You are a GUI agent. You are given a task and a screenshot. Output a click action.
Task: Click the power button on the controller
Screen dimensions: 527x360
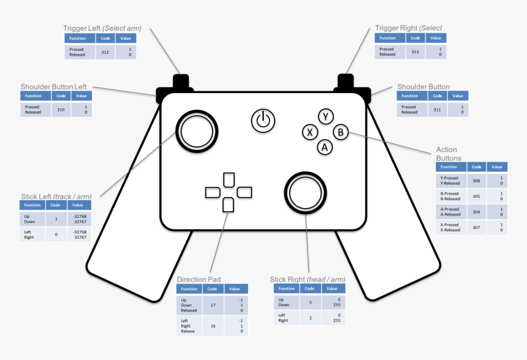tap(263, 121)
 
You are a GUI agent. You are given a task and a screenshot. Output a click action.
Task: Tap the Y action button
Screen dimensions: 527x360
tap(325, 116)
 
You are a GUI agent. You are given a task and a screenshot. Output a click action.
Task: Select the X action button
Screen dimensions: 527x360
tap(310, 132)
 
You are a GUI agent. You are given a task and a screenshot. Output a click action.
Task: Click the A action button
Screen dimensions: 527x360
tap(325, 147)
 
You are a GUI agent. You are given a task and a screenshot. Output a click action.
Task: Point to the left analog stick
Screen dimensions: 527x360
tap(197, 131)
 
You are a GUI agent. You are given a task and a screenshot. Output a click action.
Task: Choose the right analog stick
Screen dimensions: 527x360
tap(306, 193)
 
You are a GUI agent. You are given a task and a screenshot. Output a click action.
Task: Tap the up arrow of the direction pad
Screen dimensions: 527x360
tap(229, 180)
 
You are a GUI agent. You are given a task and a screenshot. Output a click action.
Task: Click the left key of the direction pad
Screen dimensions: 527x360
tap(213, 193)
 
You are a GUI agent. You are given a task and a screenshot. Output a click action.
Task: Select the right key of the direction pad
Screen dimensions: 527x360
tap(245, 192)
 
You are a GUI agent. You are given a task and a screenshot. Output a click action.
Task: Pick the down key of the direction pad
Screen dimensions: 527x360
tap(228, 205)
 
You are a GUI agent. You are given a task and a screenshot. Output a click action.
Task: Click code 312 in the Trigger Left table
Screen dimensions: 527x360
tap(105, 52)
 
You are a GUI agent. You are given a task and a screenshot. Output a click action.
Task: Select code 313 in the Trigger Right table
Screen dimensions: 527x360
tap(415, 51)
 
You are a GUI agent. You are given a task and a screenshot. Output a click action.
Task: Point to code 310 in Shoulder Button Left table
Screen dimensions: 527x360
tap(61, 110)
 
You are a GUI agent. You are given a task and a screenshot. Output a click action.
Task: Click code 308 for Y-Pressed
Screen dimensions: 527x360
tap(476, 181)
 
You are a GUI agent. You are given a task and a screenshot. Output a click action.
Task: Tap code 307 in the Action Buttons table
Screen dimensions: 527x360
tap(476, 227)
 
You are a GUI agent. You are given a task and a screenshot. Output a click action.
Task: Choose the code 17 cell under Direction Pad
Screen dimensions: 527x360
tap(213, 306)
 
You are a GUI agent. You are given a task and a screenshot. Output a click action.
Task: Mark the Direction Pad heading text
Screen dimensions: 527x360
tap(199, 279)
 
